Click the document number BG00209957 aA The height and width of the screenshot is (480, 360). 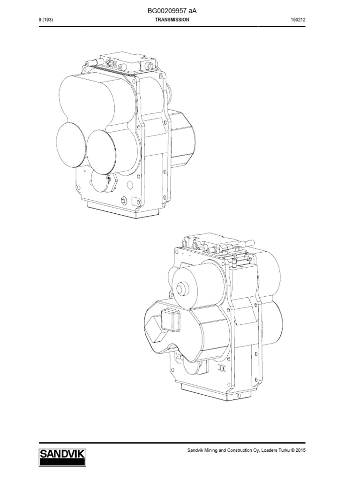tap(172, 11)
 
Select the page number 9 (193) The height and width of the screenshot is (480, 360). tap(46, 20)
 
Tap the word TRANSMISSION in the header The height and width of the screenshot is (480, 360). tap(172, 20)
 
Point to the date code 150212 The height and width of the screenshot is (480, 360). tap(298, 20)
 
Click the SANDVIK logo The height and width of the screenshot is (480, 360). tap(62, 457)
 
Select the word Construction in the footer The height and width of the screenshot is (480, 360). tap(243, 450)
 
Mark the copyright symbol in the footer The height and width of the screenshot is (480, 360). tap(292, 450)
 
